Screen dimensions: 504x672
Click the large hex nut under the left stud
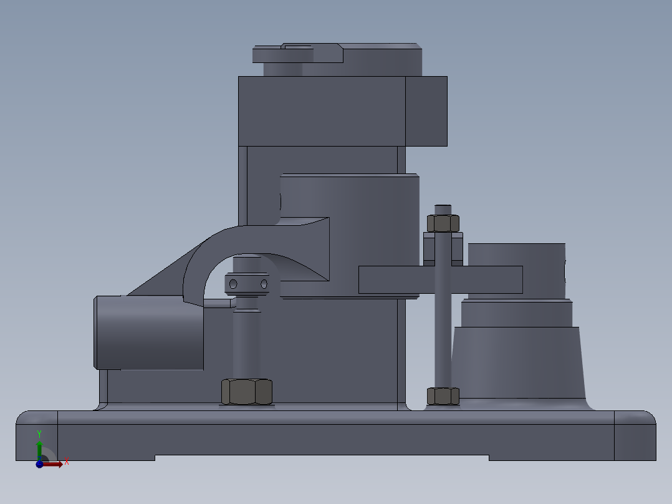[x=247, y=392]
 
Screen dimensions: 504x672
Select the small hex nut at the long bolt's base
[x=443, y=395]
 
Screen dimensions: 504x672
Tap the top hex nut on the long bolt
[x=443, y=223]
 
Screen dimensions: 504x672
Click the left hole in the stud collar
[x=233, y=284]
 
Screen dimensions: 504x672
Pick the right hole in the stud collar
[x=264, y=284]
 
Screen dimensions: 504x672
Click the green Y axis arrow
[x=39, y=445]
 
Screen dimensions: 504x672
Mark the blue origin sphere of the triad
[x=39, y=463]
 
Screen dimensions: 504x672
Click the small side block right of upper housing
[x=426, y=111]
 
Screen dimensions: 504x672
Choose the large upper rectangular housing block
[x=321, y=111]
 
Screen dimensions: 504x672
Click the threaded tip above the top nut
[x=443, y=209]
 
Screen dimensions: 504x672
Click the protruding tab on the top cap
[x=282, y=55]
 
